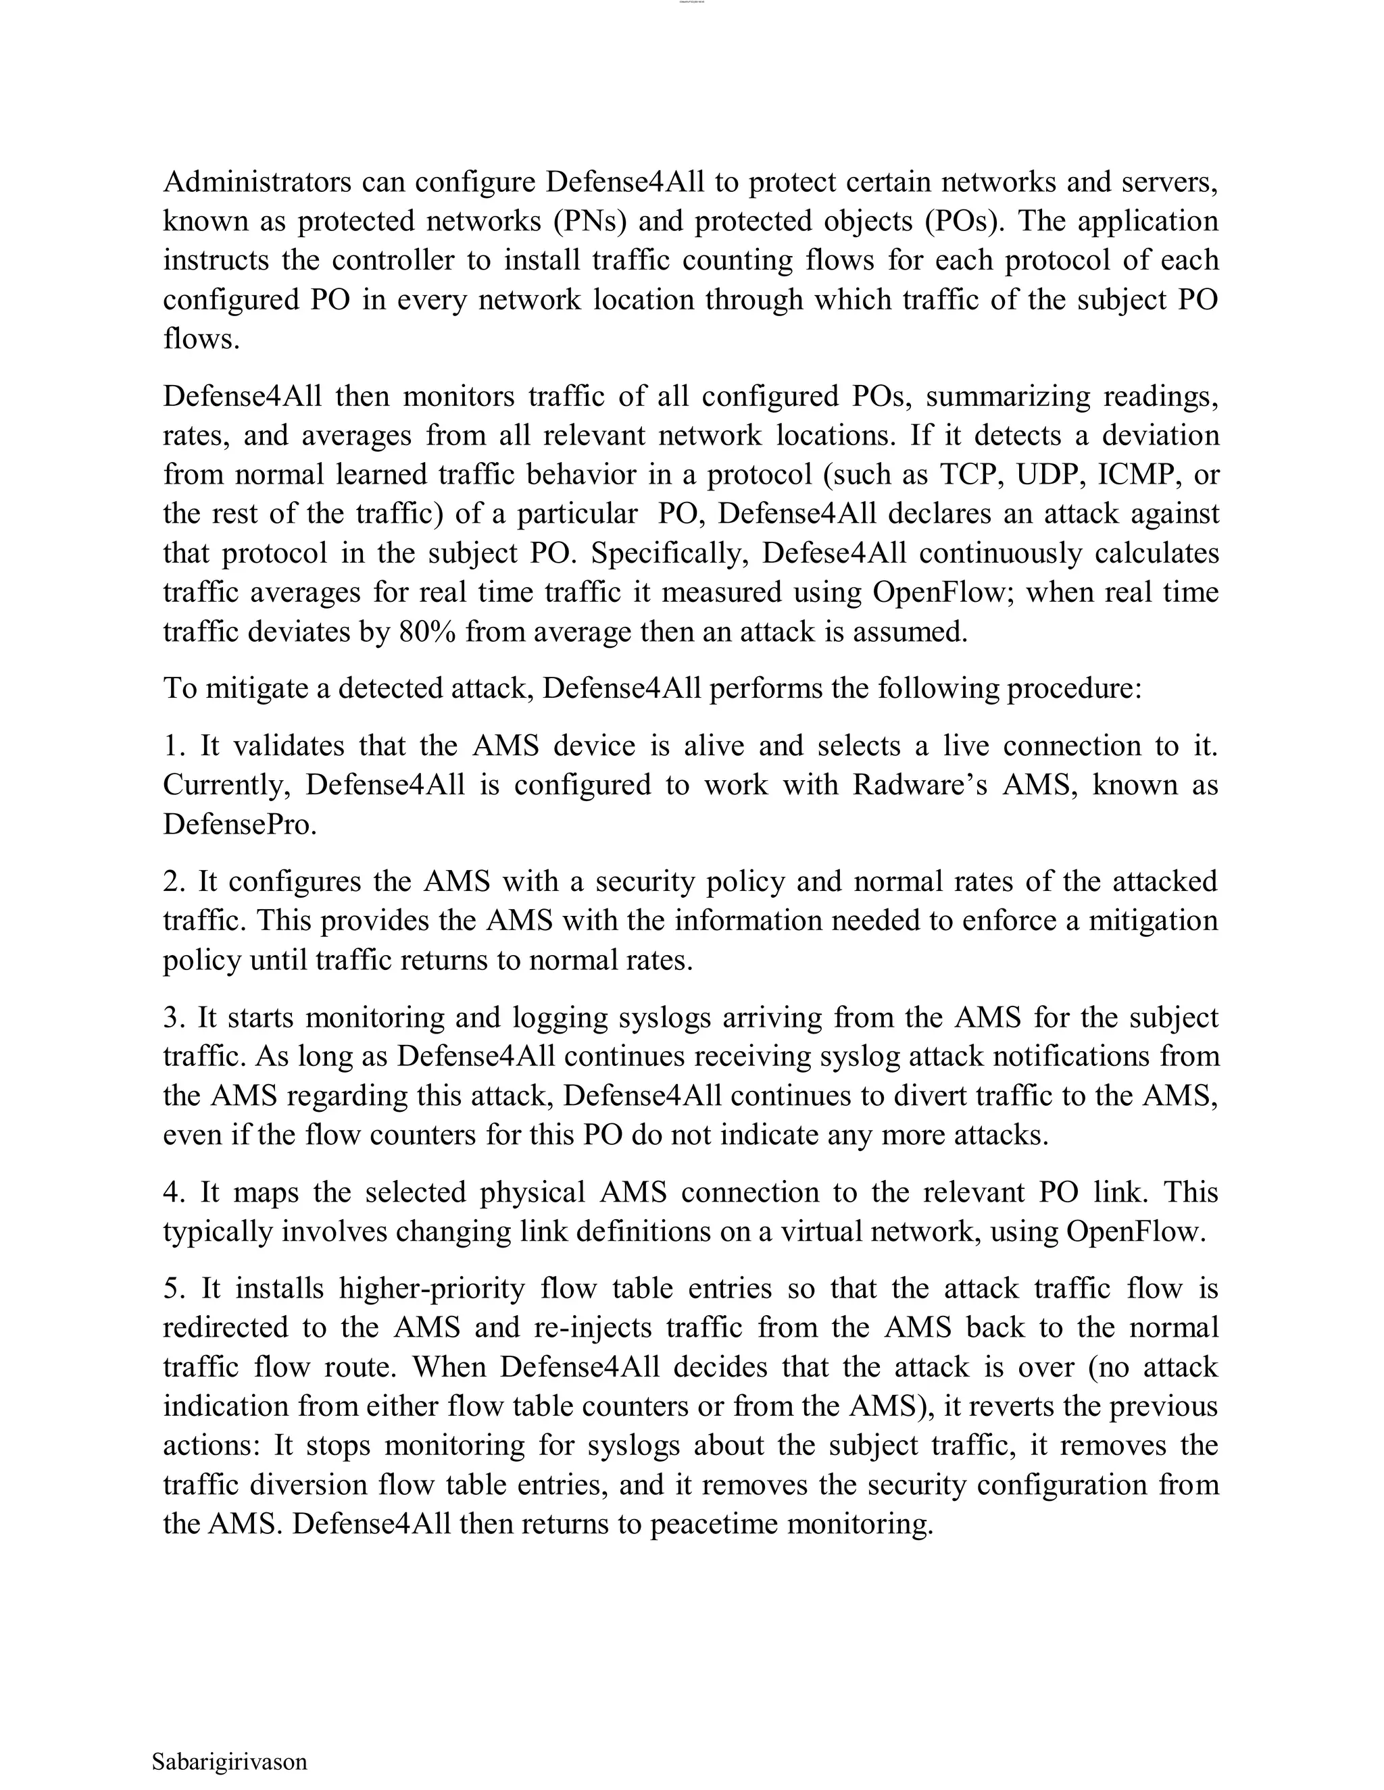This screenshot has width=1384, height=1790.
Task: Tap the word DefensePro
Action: pos(239,823)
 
